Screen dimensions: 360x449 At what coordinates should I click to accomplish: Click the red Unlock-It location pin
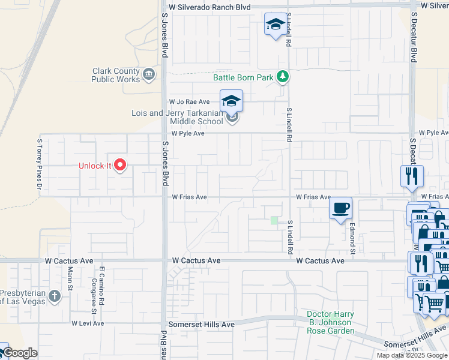pyautogui.click(x=120, y=164)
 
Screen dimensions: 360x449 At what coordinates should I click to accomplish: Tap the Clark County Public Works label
pyautogui.click(x=116, y=75)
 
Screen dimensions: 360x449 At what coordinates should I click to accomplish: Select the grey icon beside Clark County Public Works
pyautogui.click(x=148, y=74)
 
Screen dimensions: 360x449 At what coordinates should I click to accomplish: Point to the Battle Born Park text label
pyautogui.click(x=243, y=77)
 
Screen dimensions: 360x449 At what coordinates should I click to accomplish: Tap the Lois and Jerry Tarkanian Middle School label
pyautogui.click(x=178, y=117)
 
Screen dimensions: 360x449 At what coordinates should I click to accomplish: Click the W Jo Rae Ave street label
pyautogui.click(x=189, y=102)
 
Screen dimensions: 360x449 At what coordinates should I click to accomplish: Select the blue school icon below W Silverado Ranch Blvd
pyautogui.click(x=276, y=25)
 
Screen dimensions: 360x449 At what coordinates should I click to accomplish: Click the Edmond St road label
pyautogui.click(x=354, y=231)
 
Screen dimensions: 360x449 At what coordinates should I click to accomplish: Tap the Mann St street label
pyautogui.click(x=70, y=280)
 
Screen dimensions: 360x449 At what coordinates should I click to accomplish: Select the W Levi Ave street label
pyautogui.click(x=88, y=323)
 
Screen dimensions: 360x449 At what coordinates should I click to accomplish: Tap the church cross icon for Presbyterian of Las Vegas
pyautogui.click(x=55, y=296)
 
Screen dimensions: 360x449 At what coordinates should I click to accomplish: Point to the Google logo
pyautogui.click(x=19, y=353)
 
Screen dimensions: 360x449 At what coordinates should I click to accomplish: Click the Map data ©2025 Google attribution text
pyautogui.click(x=412, y=355)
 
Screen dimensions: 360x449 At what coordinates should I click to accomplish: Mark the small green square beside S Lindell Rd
pyautogui.click(x=274, y=221)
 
